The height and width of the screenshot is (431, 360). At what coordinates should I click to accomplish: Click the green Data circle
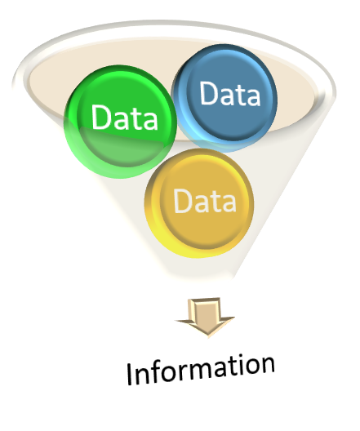[x=120, y=122]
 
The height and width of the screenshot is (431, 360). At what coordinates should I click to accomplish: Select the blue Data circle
[x=224, y=98]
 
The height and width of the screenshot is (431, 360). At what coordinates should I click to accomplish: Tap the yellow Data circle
[x=199, y=203]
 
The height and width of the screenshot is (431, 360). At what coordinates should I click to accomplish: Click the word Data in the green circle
[x=125, y=118]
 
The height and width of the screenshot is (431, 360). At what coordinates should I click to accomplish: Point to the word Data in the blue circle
[x=229, y=93]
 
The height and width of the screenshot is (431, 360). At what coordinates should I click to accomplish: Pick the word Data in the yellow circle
[x=205, y=201]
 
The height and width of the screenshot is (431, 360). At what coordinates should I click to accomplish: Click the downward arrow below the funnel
[x=205, y=317]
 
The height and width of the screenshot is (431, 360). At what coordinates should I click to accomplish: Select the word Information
[x=201, y=369]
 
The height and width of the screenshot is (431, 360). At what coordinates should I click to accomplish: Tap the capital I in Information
[x=130, y=374]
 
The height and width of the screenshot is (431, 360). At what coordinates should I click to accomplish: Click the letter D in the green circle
[x=100, y=117]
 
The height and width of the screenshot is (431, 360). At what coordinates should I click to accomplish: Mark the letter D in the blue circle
[x=208, y=93]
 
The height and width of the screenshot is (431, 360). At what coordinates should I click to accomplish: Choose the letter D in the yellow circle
[x=182, y=201]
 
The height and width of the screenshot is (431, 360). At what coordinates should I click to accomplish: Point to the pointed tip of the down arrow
[x=208, y=336]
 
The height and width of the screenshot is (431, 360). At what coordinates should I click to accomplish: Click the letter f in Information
[x=159, y=370]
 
